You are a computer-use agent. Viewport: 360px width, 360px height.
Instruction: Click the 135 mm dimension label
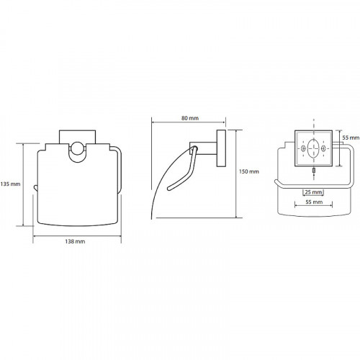(x=10, y=184)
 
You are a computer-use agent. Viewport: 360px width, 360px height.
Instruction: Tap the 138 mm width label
(x=75, y=241)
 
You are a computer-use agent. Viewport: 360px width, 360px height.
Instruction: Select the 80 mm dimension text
(x=190, y=118)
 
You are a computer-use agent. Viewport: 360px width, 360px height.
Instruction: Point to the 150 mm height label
(x=249, y=171)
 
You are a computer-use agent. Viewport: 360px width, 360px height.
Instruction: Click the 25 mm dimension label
(x=313, y=192)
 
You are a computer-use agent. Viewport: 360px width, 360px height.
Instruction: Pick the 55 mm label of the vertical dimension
(x=351, y=138)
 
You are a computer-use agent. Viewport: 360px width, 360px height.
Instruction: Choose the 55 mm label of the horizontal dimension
(x=314, y=202)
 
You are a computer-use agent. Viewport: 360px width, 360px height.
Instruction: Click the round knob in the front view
(x=77, y=148)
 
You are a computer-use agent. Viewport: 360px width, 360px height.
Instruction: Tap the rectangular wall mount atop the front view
(x=77, y=137)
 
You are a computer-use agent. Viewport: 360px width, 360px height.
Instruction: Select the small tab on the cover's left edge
(x=35, y=188)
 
